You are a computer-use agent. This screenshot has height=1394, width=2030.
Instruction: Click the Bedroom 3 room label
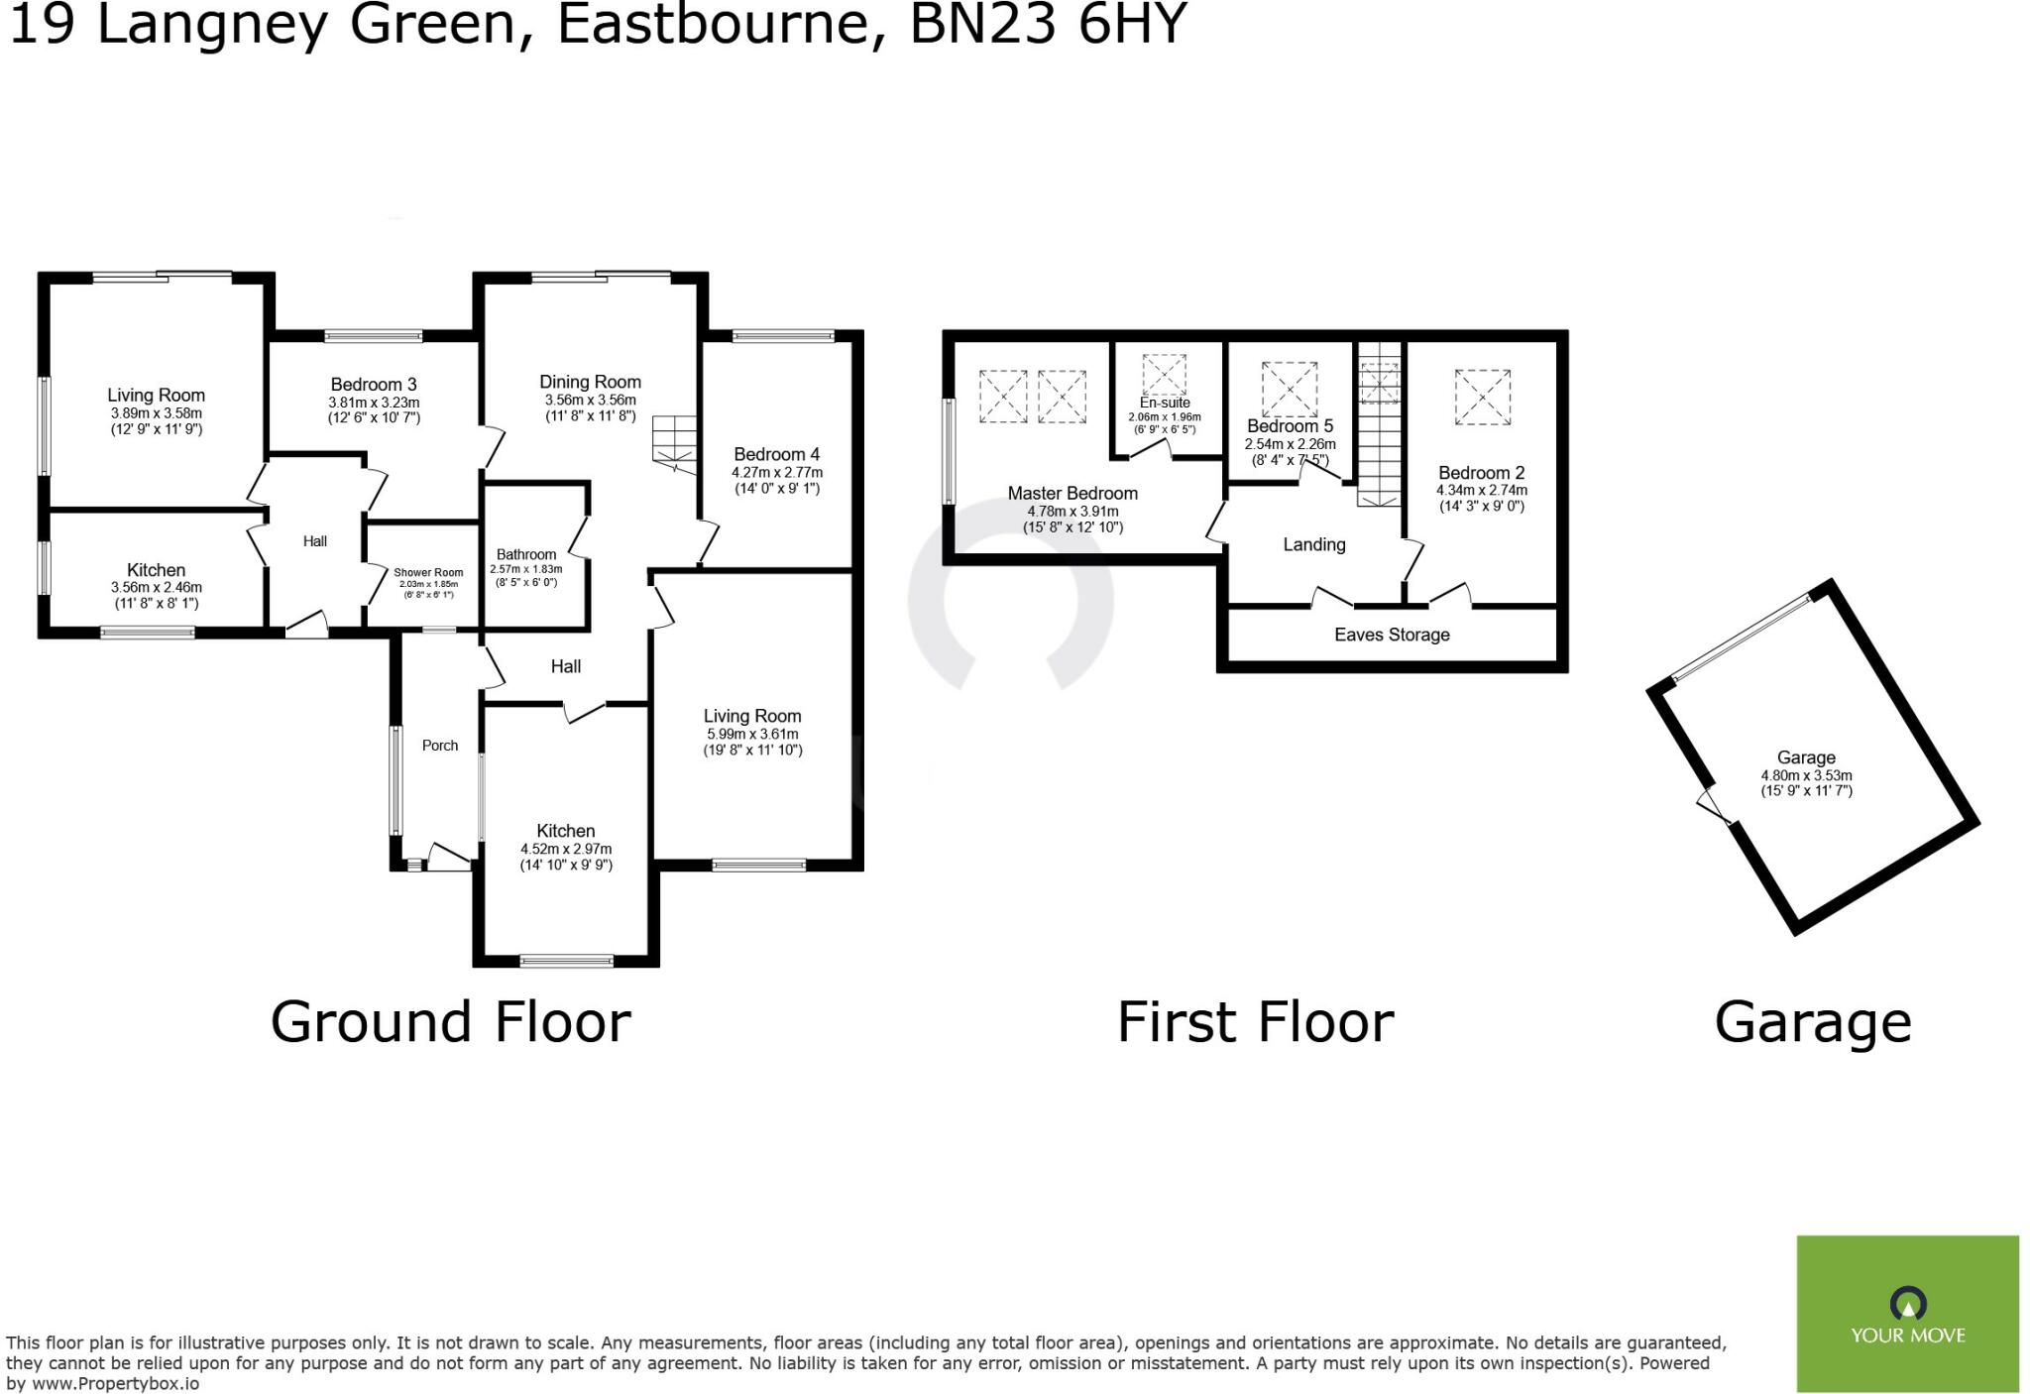pyautogui.click(x=374, y=385)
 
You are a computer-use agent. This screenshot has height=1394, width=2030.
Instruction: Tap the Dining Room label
pyautogui.click(x=590, y=382)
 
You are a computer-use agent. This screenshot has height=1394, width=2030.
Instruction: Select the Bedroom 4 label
pyautogui.click(x=777, y=454)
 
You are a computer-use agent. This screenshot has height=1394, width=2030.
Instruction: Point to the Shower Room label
pyautogui.click(x=428, y=572)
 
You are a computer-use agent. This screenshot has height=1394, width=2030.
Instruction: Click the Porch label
pyautogui.click(x=440, y=746)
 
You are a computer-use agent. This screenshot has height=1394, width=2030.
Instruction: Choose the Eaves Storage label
pyautogui.click(x=1392, y=635)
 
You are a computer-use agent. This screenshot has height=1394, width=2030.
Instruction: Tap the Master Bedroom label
pyautogui.click(x=1072, y=493)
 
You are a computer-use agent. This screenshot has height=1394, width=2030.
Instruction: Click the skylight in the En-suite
pyautogui.click(x=1164, y=375)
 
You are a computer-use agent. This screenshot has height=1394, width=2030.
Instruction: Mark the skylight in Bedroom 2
pyautogui.click(x=1482, y=397)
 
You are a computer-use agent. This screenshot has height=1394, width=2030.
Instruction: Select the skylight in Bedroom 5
pyautogui.click(x=1289, y=389)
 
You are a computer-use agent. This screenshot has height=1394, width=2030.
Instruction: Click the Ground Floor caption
pyautogui.click(x=450, y=1022)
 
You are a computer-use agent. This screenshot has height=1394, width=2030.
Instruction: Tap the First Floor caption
pyautogui.click(x=1255, y=1022)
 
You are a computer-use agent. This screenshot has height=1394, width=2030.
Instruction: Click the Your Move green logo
pyautogui.click(x=1907, y=1313)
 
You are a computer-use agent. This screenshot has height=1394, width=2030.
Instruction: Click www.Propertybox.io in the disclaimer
pyautogui.click(x=115, y=1383)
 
